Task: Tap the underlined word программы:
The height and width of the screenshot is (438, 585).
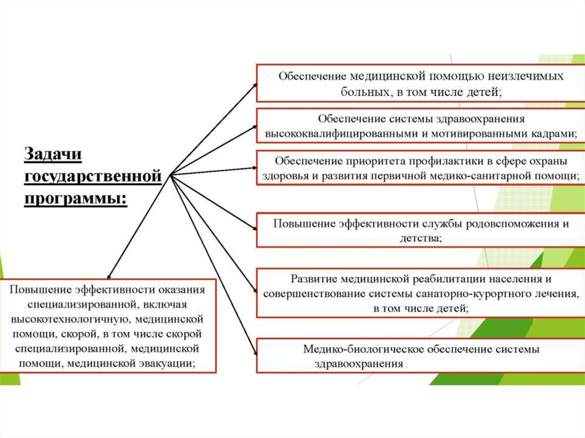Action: [x=75, y=199]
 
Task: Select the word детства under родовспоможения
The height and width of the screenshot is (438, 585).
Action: [x=420, y=238]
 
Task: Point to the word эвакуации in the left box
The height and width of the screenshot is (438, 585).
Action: [x=166, y=363]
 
